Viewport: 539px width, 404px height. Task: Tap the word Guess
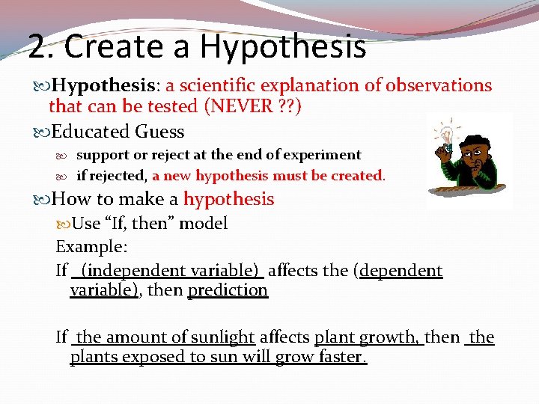159,132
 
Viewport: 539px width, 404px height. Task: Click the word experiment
323,155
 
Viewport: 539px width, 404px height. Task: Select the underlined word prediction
228,290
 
